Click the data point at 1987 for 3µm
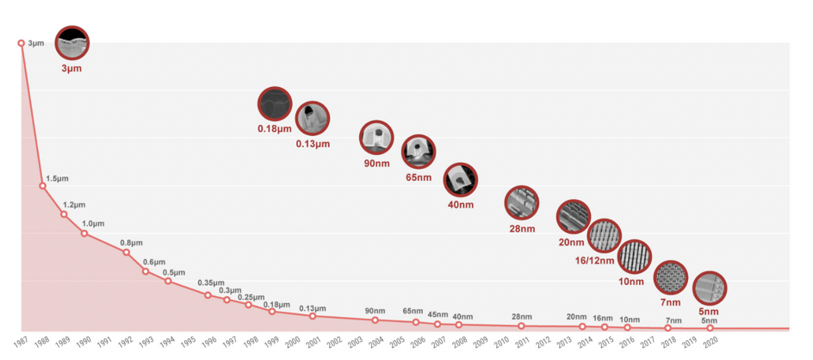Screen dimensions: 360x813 22,42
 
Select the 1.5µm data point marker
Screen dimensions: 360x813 42,186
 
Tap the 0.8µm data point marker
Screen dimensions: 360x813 126,252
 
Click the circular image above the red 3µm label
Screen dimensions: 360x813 71,42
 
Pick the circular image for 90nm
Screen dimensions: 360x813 376,138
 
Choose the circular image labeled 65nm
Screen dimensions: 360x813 419,152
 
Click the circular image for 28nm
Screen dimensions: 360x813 522,203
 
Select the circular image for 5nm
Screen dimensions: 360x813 710,289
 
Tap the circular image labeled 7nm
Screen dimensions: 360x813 671,277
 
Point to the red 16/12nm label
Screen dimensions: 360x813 594,260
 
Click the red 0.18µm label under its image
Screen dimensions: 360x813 275,129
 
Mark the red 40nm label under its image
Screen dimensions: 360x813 460,205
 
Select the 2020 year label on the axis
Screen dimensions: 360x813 708,342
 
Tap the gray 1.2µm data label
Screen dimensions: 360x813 74,206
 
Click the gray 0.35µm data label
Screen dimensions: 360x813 210,282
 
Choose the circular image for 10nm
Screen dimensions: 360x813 635,257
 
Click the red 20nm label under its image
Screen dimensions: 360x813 571,242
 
